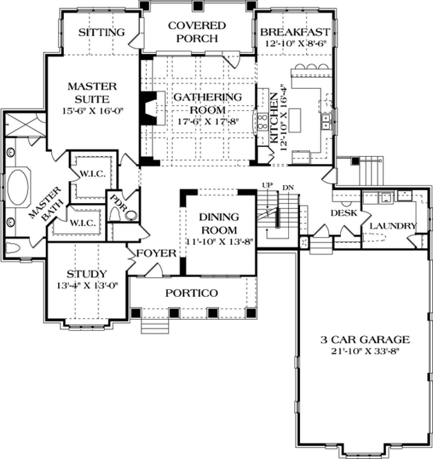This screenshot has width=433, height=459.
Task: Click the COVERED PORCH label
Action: pyautogui.click(x=197, y=32)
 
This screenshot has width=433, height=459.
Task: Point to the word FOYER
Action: pyautogui.click(x=156, y=253)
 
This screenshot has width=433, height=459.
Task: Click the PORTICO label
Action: pyautogui.click(x=192, y=293)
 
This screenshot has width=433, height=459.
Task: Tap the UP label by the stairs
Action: pyautogui.click(x=267, y=185)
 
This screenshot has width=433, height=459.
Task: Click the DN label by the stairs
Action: pyautogui.click(x=288, y=187)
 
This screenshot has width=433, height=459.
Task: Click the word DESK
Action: pyautogui.click(x=344, y=213)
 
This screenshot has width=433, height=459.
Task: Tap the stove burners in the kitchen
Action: pyautogui.click(x=263, y=122)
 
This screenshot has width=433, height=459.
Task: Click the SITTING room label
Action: pyautogui.click(x=101, y=32)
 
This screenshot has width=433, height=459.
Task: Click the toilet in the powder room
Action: pyautogui.click(x=114, y=214)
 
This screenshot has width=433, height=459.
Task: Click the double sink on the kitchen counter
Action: pyautogui.click(x=325, y=122)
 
